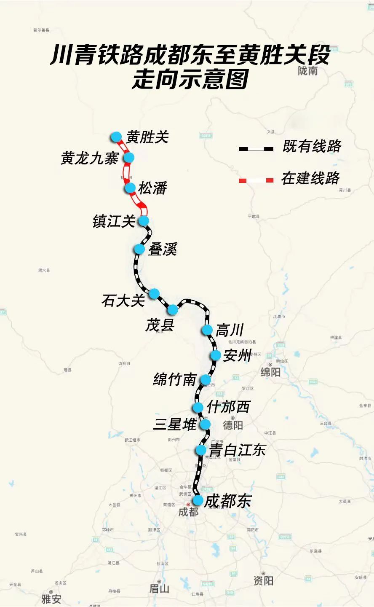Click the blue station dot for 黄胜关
116,137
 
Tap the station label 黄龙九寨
89,158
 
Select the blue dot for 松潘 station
130,188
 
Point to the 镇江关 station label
114,221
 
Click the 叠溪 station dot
139,249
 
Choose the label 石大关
123,301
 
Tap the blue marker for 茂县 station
173,310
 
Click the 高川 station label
230,330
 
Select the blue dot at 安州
216,355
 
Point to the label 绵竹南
175,380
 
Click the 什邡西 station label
228,407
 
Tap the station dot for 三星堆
205,424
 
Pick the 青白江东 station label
238,450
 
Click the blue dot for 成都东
198,500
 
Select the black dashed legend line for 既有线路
256,148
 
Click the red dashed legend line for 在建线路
256,180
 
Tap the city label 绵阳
270,372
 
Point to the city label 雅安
51,599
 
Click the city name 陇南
307,71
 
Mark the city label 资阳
263,580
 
